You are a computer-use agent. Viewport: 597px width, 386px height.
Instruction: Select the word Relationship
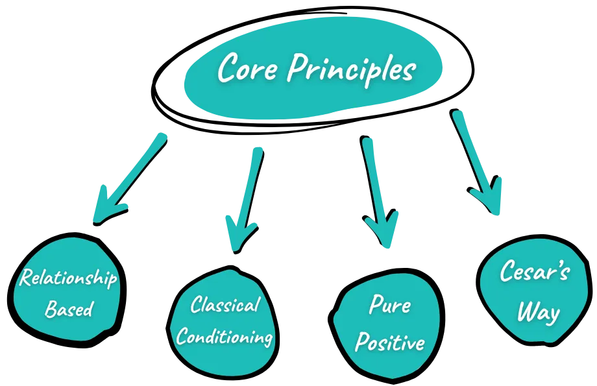67,279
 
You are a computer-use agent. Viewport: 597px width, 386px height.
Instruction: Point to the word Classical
225,305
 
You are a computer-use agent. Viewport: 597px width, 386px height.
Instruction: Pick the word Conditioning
224,336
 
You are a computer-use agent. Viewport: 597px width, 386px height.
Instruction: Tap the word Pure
389,305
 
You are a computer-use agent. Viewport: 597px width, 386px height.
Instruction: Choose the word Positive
390,342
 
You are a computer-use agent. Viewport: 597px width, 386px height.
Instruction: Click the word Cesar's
534,272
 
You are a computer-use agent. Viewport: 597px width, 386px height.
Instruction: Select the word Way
538,312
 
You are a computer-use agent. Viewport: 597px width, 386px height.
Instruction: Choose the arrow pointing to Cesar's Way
477,162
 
